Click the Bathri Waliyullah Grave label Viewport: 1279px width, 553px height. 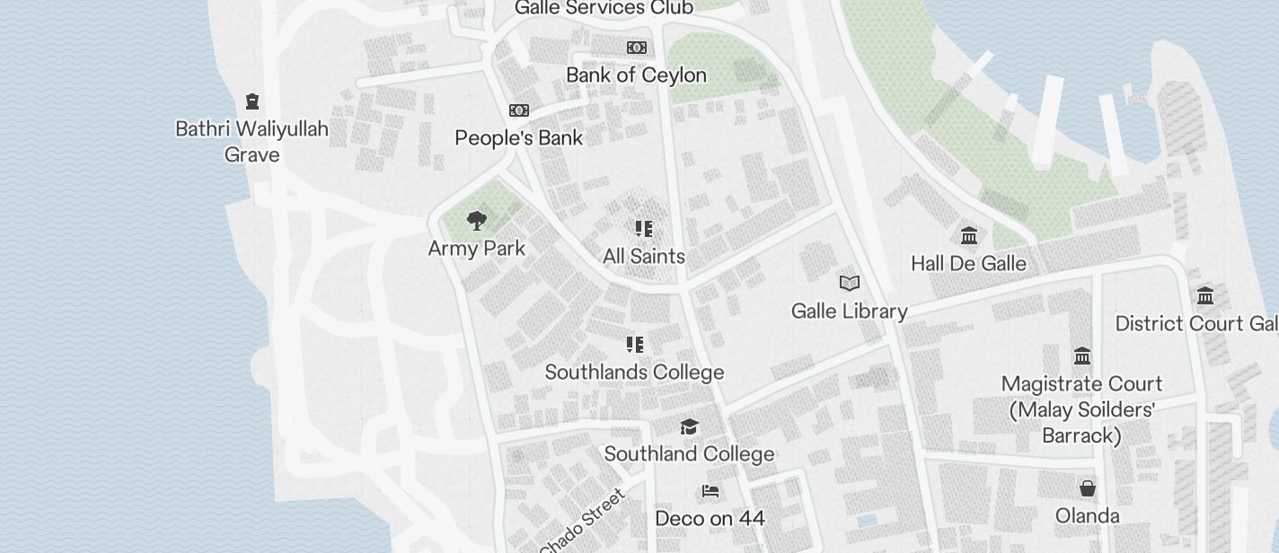coord(251,142)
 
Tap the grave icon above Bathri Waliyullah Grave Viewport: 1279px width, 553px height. coord(252,101)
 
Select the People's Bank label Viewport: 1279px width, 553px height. coord(518,138)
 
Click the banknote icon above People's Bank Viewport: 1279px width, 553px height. coord(519,110)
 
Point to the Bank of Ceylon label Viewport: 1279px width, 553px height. coord(636,75)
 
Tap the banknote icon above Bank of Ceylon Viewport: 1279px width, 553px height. coord(637,48)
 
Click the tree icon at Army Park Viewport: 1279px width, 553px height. coord(477,220)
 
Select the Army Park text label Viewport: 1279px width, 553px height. coord(477,249)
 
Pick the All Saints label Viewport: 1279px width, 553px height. coord(644,257)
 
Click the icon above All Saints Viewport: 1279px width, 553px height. coord(644,229)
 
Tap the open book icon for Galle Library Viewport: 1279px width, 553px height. coord(850,284)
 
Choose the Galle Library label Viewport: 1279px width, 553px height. coord(850,312)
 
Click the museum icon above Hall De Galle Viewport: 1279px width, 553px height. coord(969,236)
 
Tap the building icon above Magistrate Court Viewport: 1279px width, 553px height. coord(1082,356)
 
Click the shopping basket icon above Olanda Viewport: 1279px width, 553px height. coord(1088,488)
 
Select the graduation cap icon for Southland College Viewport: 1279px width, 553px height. coord(689,426)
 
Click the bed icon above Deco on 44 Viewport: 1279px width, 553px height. coord(710,491)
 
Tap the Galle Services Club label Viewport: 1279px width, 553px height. coord(604,8)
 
